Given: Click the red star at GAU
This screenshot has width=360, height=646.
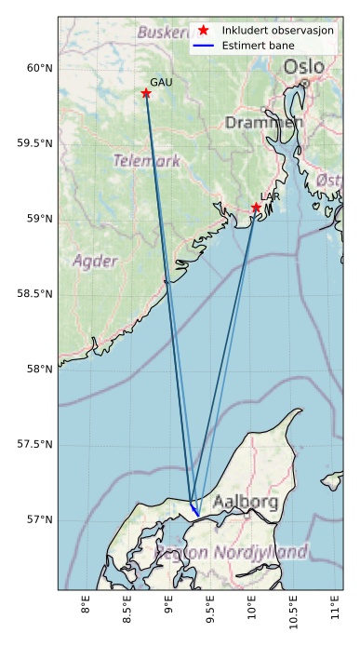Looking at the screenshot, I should pyautogui.click(x=146, y=93).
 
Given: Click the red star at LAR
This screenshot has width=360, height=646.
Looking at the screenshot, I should pyautogui.click(x=256, y=208).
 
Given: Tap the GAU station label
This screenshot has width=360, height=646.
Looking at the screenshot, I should pyautogui.click(x=161, y=83).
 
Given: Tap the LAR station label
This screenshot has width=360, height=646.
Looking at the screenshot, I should pyautogui.click(x=270, y=197).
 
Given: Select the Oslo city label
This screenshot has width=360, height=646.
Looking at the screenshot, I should pyautogui.click(x=303, y=67).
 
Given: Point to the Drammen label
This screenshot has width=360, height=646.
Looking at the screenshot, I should pyautogui.click(x=263, y=123).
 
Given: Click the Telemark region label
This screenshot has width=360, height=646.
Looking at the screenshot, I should pyautogui.click(x=147, y=161).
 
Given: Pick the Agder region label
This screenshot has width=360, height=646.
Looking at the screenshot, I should pyautogui.click(x=96, y=261).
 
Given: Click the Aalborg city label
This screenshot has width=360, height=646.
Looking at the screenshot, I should pyautogui.click(x=245, y=503).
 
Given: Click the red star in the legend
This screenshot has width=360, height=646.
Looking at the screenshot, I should pyautogui.click(x=204, y=31).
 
